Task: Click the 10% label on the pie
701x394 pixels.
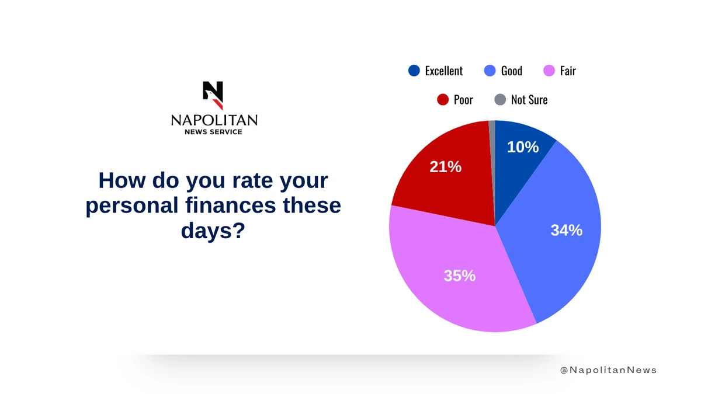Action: tap(523, 147)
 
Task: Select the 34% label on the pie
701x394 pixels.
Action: tap(567, 231)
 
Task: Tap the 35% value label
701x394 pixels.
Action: tap(459, 276)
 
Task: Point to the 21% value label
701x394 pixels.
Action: tap(445, 167)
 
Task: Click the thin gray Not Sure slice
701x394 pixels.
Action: tap(492, 156)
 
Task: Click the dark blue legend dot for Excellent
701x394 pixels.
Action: tap(414, 71)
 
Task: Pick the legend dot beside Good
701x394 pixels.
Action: tap(490, 71)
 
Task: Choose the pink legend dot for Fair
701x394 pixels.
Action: tap(549, 71)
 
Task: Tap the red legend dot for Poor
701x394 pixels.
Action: tap(443, 99)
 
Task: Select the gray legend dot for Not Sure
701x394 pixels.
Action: tap(500, 99)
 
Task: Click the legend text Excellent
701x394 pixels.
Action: tap(444, 71)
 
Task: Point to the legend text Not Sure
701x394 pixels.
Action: tap(529, 100)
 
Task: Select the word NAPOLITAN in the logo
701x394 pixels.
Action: tap(214, 120)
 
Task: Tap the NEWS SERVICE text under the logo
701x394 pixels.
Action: tap(213, 132)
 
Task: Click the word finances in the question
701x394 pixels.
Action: tap(231, 205)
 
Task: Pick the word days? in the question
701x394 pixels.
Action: tap(213, 231)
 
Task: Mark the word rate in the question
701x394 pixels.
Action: tap(252, 181)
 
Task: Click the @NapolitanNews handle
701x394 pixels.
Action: tap(608, 370)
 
